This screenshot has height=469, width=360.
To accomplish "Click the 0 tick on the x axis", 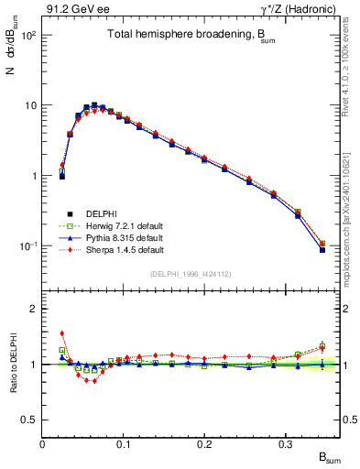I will (x=43, y=443).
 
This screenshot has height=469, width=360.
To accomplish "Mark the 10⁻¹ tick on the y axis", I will (x=27, y=246).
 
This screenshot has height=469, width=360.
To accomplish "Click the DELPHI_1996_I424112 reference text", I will (x=191, y=273).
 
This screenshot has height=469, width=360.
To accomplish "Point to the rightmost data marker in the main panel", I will (x=322, y=249).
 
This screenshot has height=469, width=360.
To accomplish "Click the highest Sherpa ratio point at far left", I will (x=61, y=333).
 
